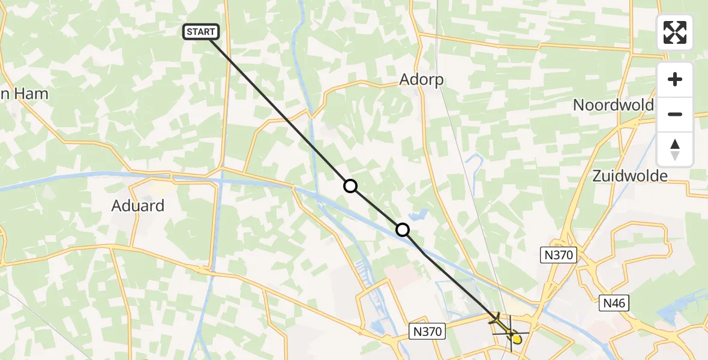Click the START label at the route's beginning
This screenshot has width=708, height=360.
[x=201, y=32]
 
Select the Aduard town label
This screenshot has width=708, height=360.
[x=138, y=206]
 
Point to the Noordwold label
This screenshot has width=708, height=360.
[x=613, y=105]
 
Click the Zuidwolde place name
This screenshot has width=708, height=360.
[x=629, y=176]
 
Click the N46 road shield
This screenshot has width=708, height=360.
[x=613, y=304]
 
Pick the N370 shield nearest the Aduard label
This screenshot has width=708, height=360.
[x=427, y=331]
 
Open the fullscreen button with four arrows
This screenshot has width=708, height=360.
[x=675, y=32]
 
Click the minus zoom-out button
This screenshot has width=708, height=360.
[x=675, y=115]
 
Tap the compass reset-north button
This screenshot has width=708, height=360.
[x=675, y=149]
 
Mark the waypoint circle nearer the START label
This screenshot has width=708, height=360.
[x=350, y=187]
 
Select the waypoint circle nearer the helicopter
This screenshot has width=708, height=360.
[x=403, y=230]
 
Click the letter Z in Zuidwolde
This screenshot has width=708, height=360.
[x=597, y=176]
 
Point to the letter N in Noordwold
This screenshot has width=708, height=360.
[x=579, y=105]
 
